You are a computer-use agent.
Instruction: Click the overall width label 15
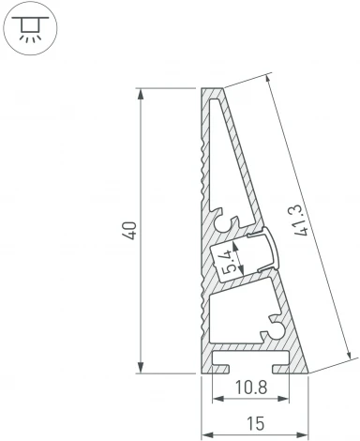pyautogui.click(x=256, y=425)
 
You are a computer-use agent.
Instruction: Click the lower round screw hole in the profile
pyautogui.click(x=276, y=329)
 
